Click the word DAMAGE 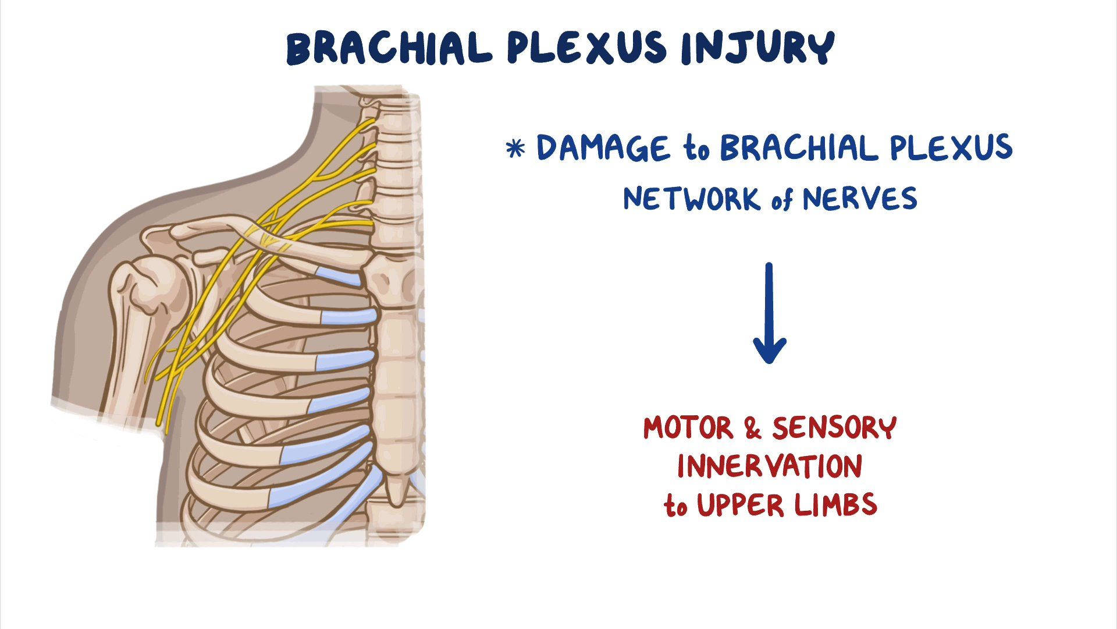(x=602, y=148)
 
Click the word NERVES (x=860, y=199)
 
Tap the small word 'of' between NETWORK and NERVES (x=782, y=201)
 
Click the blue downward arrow (x=770, y=314)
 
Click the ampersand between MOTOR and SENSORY (x=752, y=429)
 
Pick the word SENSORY (x=834, y=428)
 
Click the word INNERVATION (x=770, y=467)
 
